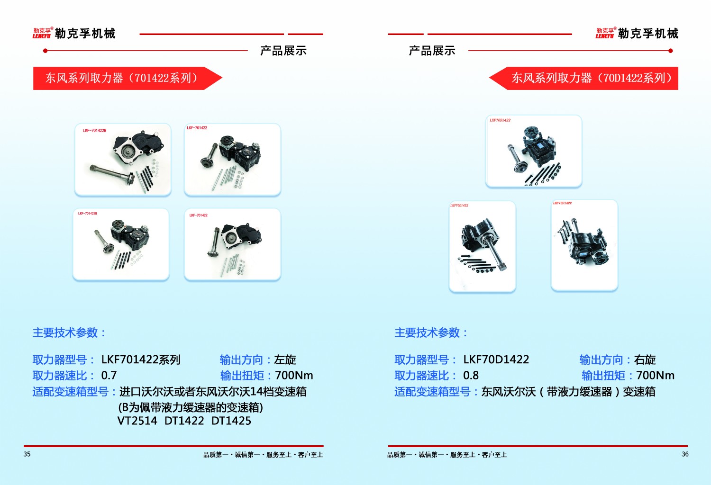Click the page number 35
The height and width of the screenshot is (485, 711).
click(x=27, y=454)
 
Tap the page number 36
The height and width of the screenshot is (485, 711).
click(x=685, y=454)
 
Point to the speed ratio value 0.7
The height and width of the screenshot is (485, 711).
click(x=109, y=376)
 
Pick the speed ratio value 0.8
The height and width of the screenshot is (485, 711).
click(x=471, y=376)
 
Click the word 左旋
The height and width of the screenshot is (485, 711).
click(x=285, y=360)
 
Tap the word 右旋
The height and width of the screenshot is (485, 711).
click(x=645, y=360)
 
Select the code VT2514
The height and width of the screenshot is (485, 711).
click(x=137, y=421)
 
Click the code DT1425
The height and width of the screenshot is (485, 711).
click(x=231, y=421)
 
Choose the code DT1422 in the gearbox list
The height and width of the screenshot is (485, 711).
click(x=184, y=421)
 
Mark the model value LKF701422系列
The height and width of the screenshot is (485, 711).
click(x=141, y=360)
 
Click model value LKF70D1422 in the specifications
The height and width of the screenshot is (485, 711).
click(x=496, y=360)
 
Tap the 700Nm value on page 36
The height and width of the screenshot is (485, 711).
click(x=655, y=376)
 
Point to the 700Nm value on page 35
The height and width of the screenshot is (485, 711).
click(x=294, y=376)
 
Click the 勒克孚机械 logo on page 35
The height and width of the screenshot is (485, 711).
click(x=74, y=33)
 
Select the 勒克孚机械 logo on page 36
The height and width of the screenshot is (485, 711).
click(x=637, y=33)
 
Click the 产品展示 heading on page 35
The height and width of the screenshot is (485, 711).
click(x=283, y=51)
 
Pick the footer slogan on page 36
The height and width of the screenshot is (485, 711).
click(x=447, y=455)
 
